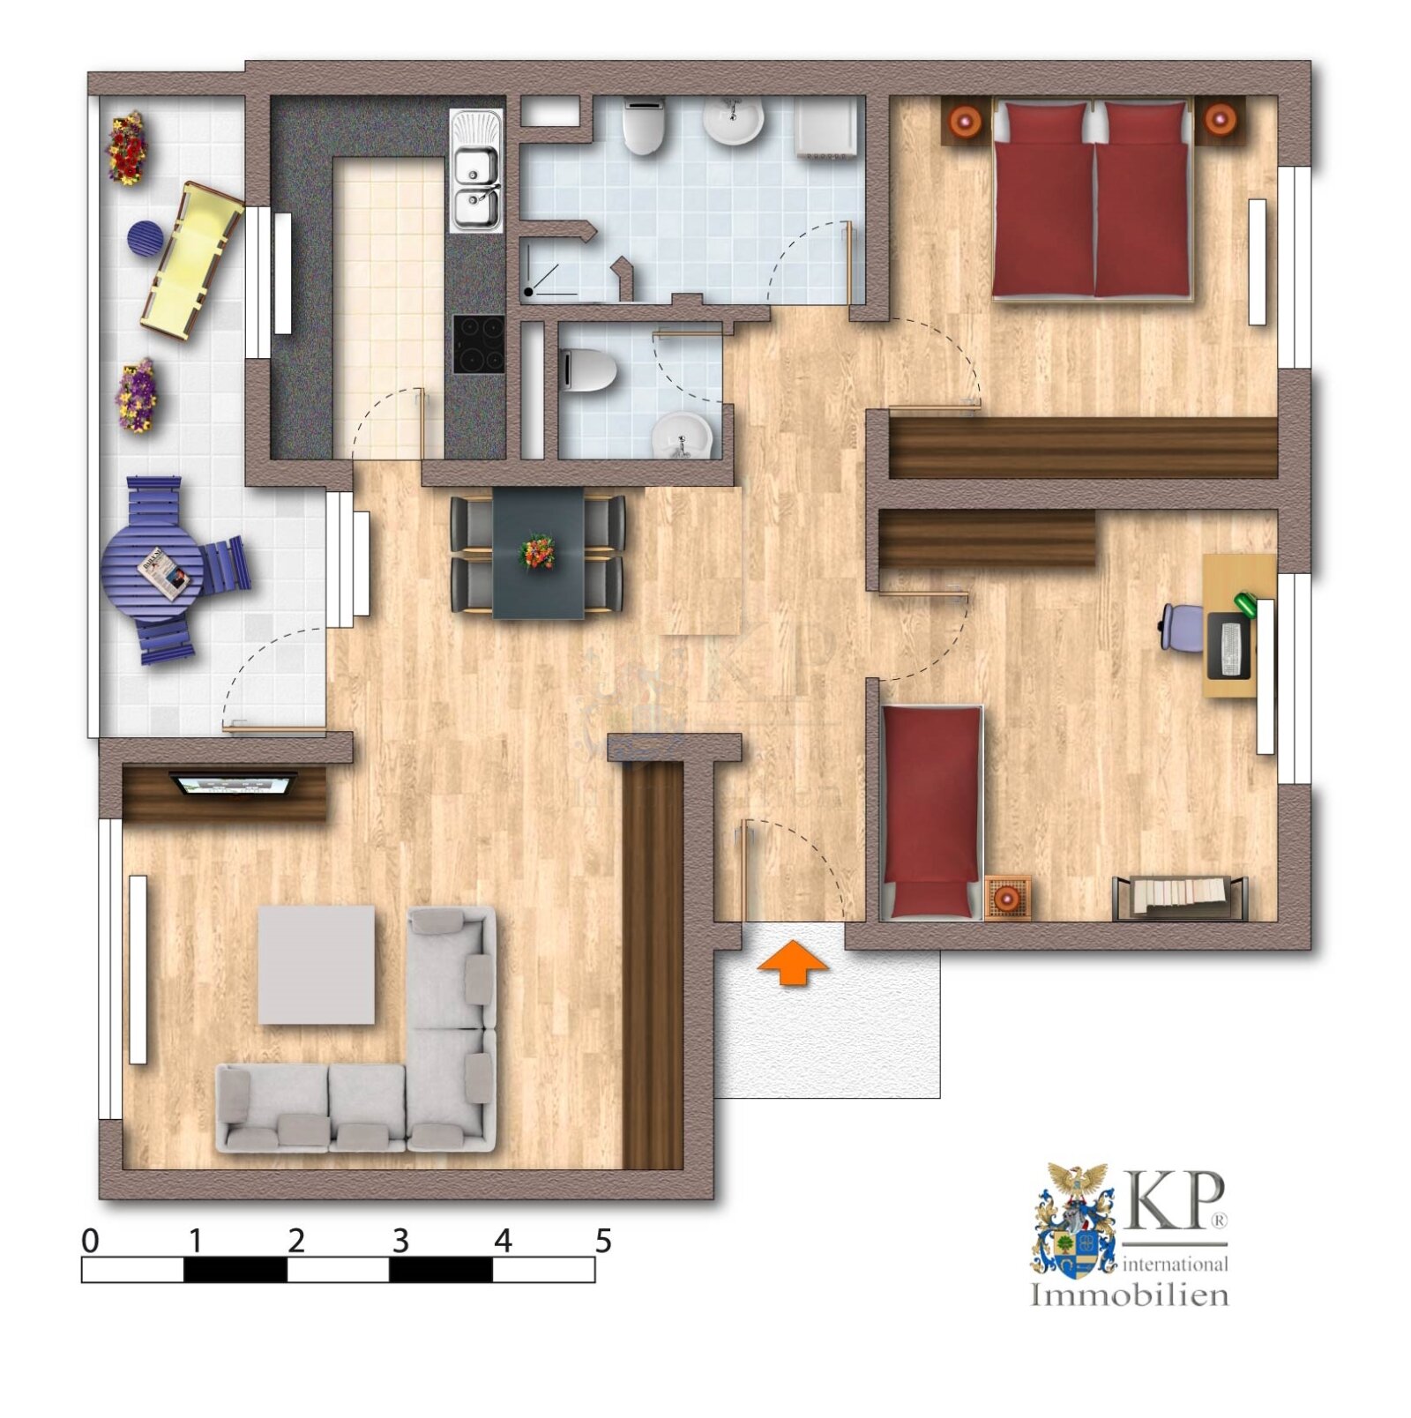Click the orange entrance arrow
[x=793, y=962]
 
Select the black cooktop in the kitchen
[x=479, y=344]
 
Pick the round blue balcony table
[x=152, y=571]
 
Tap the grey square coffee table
[x=316, y=965]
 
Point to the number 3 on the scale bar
[x=400, y=1241]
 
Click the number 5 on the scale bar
[x=603, y=1241]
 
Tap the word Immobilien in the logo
[x=1130, y=1295]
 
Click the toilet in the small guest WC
[x=588, y=370]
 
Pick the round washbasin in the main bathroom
[x=732, y=121]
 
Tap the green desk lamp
[x=1245, y=604]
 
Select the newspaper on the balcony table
[x=163, y=573]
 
